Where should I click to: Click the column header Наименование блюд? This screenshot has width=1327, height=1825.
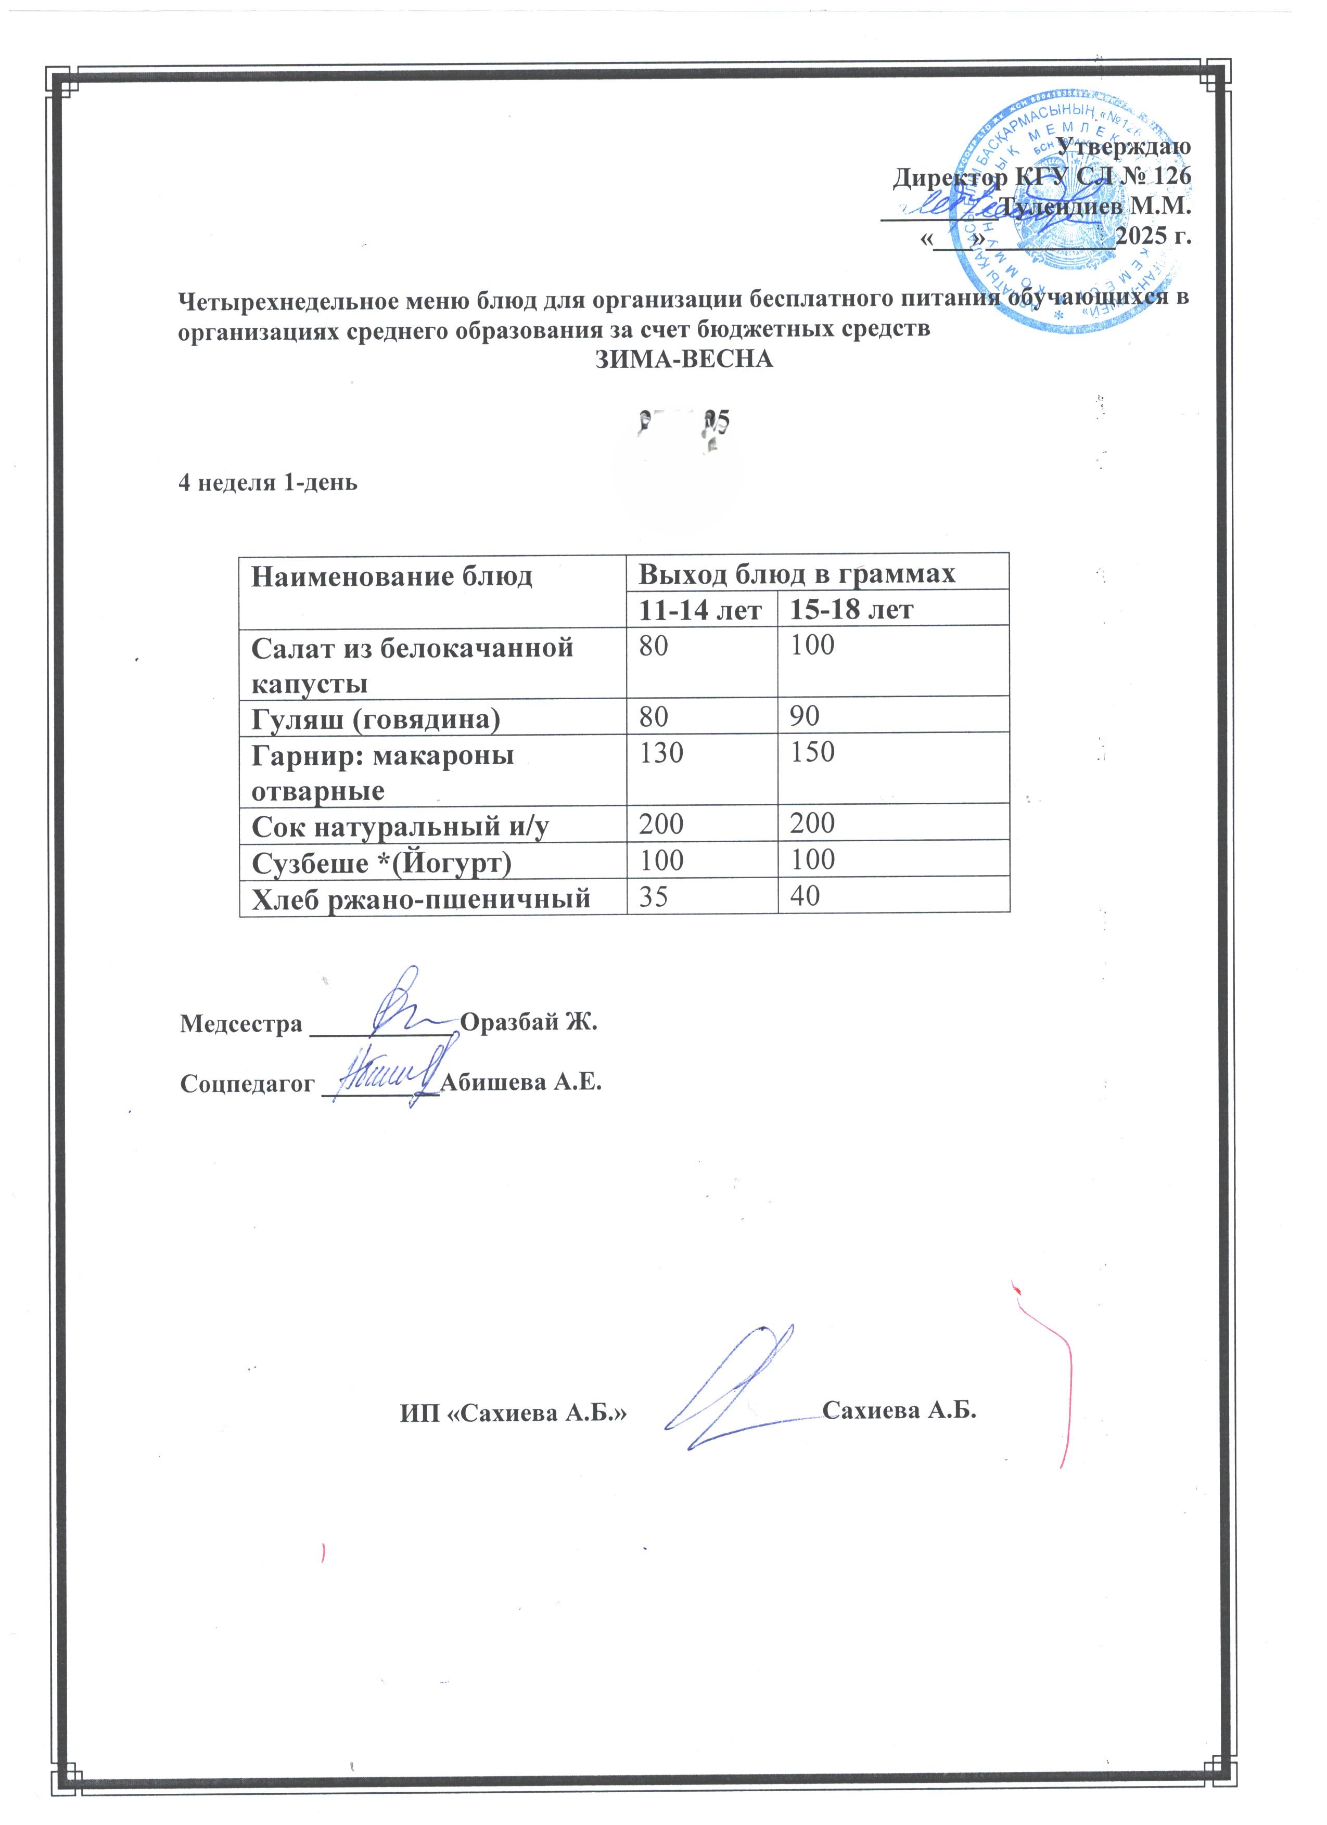click(392, 576)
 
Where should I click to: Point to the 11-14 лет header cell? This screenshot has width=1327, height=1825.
click(700, 609)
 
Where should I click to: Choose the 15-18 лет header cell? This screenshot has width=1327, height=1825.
click(851, 609)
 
